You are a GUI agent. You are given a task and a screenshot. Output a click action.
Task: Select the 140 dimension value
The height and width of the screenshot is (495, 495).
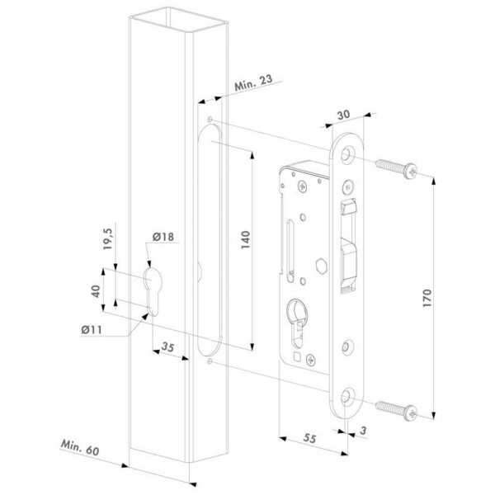(x=248, y=240)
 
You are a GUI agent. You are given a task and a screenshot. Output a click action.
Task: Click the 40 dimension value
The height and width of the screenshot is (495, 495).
(x=96, y=290)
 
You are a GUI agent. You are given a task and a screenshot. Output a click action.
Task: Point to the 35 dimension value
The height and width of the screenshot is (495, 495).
(x=169, y=346)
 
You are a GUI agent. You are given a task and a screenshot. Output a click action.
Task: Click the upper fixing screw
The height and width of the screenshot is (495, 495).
(x=396, y=169)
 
